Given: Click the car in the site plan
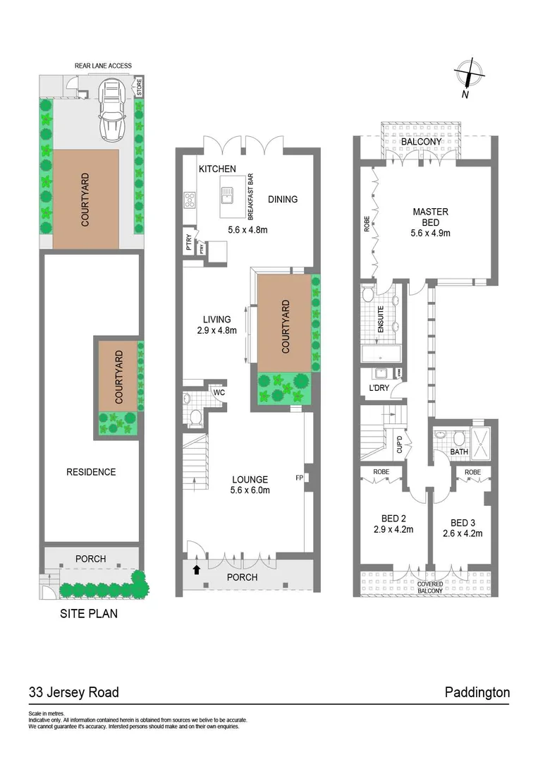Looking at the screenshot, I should (x=113, y=109).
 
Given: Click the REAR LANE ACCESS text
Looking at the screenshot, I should (x=103, y=66).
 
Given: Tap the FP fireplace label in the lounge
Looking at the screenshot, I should (x=299, y=478).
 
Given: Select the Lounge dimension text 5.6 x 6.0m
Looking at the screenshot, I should (x=250, y=491).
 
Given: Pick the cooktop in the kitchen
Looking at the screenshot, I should (x=190, y=200).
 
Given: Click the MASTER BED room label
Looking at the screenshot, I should (x=430, y=217).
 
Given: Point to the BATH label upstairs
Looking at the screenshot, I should (x=459, y=452).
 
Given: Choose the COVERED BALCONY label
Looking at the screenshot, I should (x=429, y=588).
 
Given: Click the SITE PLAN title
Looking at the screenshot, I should (x=88, y=614).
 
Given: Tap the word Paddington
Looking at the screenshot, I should (x=477, y=692).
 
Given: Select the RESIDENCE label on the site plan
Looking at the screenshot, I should (x=90, y=472).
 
